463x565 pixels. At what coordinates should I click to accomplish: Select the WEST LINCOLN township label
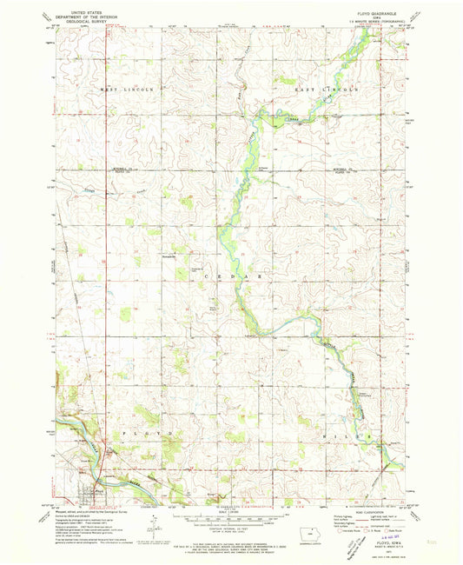(x=128, y=90)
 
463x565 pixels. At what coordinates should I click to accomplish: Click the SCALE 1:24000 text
(x=231, y=509)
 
